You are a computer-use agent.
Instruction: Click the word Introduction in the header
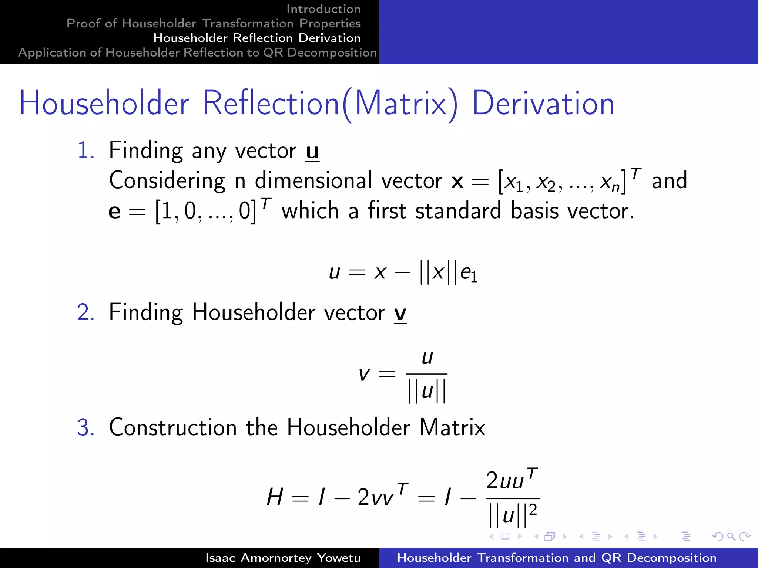pos(323,9)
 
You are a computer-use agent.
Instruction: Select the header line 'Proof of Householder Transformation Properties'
pos(214,23)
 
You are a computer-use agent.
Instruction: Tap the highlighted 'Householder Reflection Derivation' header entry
pos(257,38)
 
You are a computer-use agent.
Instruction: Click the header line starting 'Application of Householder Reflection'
pos(197,53)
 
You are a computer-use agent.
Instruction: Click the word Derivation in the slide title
pos(543,104)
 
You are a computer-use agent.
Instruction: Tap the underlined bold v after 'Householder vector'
pos(400,314)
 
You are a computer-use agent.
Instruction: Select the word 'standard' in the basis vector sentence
pos(458,211)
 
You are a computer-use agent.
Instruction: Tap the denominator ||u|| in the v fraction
pos(427,391)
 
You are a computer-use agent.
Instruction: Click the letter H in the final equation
pos(275,497)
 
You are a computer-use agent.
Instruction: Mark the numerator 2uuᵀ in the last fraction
pos(512,480)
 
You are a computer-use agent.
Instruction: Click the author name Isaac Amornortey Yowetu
pos(283,558)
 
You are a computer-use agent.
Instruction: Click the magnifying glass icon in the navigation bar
pos(731,536)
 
